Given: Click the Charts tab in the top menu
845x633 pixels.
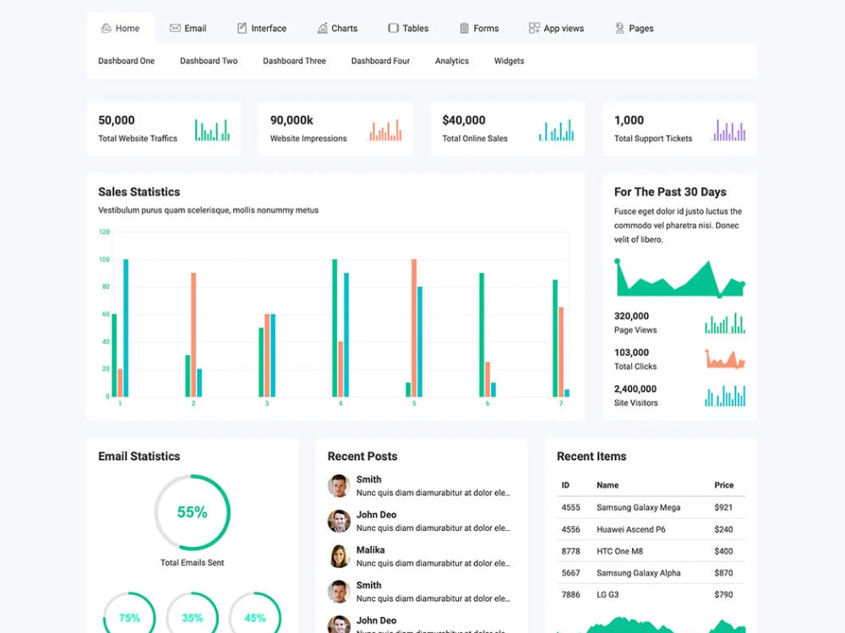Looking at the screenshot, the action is click(x=337, y=28).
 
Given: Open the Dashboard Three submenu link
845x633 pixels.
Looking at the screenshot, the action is click(x=294, y=61).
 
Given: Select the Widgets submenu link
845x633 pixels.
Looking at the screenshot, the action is click(x=509, y=61).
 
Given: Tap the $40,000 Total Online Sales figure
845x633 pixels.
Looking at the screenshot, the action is click(x=463, y=120).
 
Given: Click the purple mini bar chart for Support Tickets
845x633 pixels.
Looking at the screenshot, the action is click(x=728, y=130).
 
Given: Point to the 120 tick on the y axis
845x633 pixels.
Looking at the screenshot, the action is click(x=104, y=232).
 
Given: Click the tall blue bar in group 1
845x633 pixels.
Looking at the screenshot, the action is click(x=126, y=327).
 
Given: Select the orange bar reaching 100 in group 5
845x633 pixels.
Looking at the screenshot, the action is click(x=414, y=327).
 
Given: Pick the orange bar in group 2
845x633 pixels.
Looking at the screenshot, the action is click(x=194, y=335).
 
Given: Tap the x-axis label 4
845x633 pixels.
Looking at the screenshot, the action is click(x=340, y=403).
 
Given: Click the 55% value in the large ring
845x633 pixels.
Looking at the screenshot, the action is click(x=193, y=512).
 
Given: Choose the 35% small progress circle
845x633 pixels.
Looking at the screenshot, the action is click(x=193, y=614).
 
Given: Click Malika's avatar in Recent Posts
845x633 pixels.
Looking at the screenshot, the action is click(x=339, y=556).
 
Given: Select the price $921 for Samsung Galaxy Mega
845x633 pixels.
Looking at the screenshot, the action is click(x=723, y=507).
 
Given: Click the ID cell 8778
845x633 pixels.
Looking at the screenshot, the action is click(x=570, y=551).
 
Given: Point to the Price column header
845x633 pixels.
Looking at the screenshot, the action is click(x=724, y=485).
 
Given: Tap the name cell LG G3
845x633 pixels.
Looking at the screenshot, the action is click(x=608, y=594).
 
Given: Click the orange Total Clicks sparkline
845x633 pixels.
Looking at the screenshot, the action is click(x=725, y=359).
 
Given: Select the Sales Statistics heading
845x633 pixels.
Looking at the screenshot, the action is click(x=139, y=192).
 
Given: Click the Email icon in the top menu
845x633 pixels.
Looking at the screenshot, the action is click(x=175, y=28).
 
